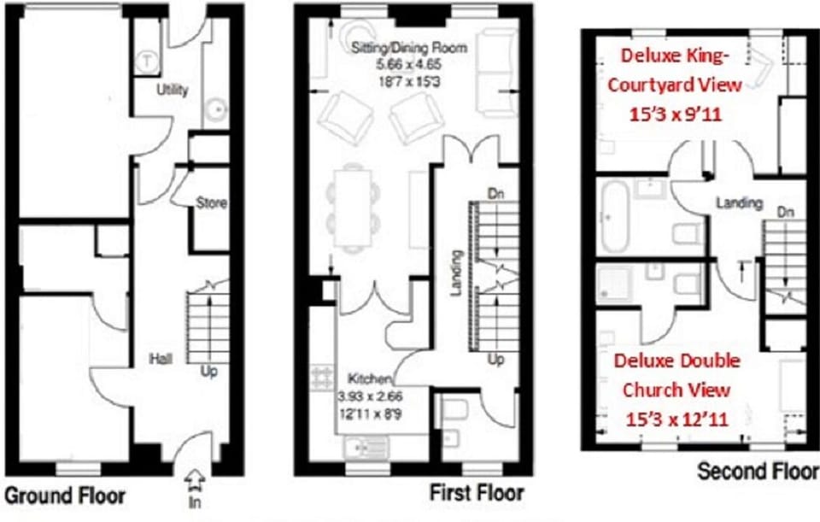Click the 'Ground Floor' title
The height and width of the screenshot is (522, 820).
point(65,496)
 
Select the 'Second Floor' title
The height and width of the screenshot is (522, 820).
point(758,471)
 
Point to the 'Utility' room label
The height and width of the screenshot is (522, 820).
point(172,90)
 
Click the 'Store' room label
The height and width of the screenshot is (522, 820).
point(211,203)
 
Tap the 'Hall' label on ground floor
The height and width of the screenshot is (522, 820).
point(160,359)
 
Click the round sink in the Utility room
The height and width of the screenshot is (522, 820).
point(218,109)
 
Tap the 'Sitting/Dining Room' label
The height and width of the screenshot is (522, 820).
point(409,48)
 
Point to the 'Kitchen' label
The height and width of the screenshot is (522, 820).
point(369,378)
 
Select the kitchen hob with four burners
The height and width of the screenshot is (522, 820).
point(324,377)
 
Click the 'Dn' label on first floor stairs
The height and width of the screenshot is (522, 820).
point(494,192)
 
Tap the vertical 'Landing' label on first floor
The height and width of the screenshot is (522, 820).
point(457,273)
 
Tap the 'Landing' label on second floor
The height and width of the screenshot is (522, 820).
point(739,202)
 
